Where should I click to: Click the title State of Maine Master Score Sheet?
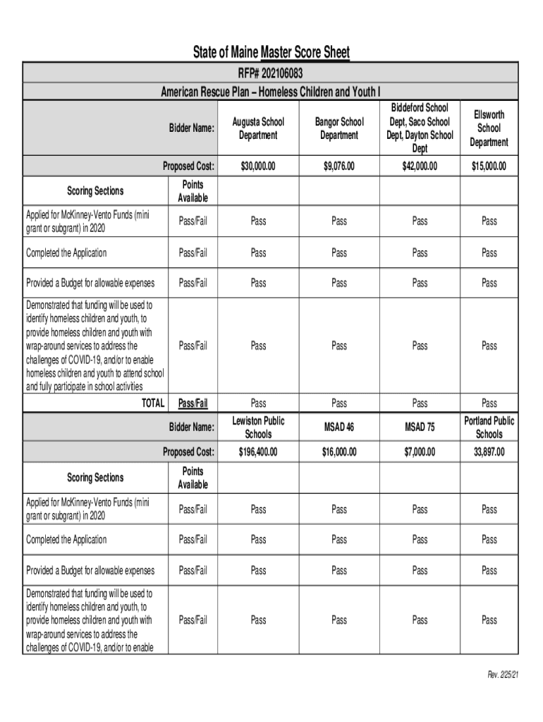pyautogui.click(x=271, y=53)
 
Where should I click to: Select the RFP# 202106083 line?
pyautogui.click(x=271, y=74)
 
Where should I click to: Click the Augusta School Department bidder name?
pyautogui.click(x=258, y=128)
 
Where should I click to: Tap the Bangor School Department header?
pyautogui.click(x=339, y=128)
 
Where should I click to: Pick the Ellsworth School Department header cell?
pyautogui.click(x=489, y=128)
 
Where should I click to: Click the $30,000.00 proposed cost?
pyautogui.click(x=258, y=166)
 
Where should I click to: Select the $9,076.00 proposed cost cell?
pyautogui.click(x=339, y=166)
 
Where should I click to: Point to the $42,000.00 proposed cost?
pyautogui.click(x=420, y=166)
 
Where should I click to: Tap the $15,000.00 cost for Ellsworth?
pyautogui.click(x=489, y=166)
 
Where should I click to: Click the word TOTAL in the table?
pyautogui.click(x=153, y=403)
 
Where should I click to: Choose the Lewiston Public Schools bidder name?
pyautogui.click(x=258, y=427)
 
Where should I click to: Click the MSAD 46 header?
pyautogui.click(x=339, y=427)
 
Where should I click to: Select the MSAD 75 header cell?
pyautogui.click(x=420, y=427)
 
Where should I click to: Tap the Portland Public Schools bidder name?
pyautogui.click(x=489, y=427)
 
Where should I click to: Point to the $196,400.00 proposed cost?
pyautogui.click(x=258, y=451)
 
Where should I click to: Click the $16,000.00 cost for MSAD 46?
pyautogui.click(x=339, y=451)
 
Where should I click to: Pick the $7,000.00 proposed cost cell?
pyautogui.click(x=420, y=451)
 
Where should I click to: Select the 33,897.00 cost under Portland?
pyautogui.click(x=489, y=451)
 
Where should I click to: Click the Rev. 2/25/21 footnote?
pyautogui.click(x=503, y=675)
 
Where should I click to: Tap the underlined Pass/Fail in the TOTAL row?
pyautogui.click(x=193, y=403)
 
